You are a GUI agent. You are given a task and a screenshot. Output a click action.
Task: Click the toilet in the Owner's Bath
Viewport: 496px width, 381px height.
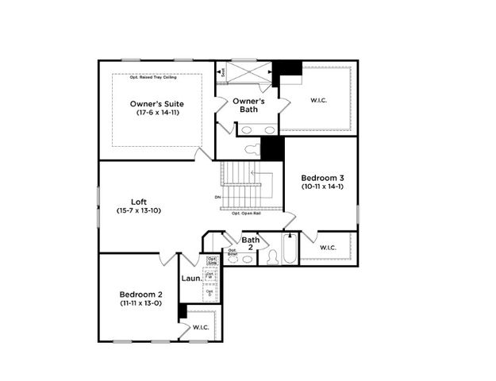click(x=252, y=148)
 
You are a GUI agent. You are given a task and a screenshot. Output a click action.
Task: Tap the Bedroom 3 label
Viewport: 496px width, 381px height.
click(x=321, y=177)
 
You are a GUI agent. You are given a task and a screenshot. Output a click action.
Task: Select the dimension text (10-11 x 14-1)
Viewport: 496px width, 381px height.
click(x=321, y=187)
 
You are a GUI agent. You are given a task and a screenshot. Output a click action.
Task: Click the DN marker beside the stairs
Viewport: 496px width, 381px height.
click(x=217, y=197)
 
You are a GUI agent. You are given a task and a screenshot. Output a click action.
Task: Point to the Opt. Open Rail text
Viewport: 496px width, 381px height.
click(x=247, y=214)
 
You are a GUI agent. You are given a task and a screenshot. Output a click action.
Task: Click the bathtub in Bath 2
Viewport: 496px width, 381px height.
click(x=290, y=250)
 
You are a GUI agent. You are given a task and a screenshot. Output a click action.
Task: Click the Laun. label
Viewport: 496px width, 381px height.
click(x=190, y=279)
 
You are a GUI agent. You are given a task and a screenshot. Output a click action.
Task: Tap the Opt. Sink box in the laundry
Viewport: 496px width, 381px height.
click(x=212, y=260)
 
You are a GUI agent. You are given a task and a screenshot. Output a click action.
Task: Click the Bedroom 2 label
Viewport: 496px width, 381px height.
click(x=141, y=293)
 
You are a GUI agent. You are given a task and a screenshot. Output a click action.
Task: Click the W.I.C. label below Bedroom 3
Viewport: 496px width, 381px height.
click(x=328, y=248)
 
